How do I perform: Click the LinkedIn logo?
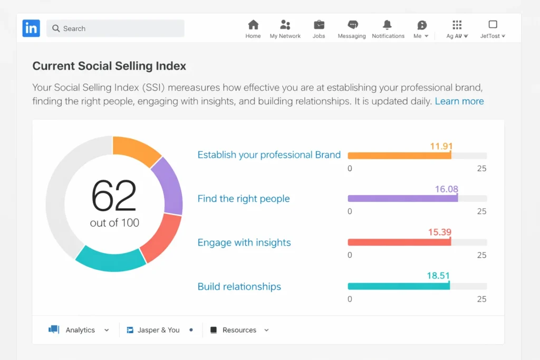point(31,28)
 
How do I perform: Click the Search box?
point(115,28)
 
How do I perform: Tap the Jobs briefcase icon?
point(319,25)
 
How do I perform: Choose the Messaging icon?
point(352,25)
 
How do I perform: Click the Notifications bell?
point(388,25)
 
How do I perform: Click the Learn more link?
point(459,101)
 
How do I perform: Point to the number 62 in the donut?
point(114,196)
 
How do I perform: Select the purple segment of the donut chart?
point(168,184)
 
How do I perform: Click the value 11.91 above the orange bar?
point(441,146)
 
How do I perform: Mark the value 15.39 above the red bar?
point(440,232)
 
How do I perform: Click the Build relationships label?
point(239,287)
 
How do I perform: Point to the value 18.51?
point(438,276)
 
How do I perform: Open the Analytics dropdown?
point(80,330)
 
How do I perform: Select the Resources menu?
point(240,330)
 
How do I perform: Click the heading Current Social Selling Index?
point(109,66)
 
